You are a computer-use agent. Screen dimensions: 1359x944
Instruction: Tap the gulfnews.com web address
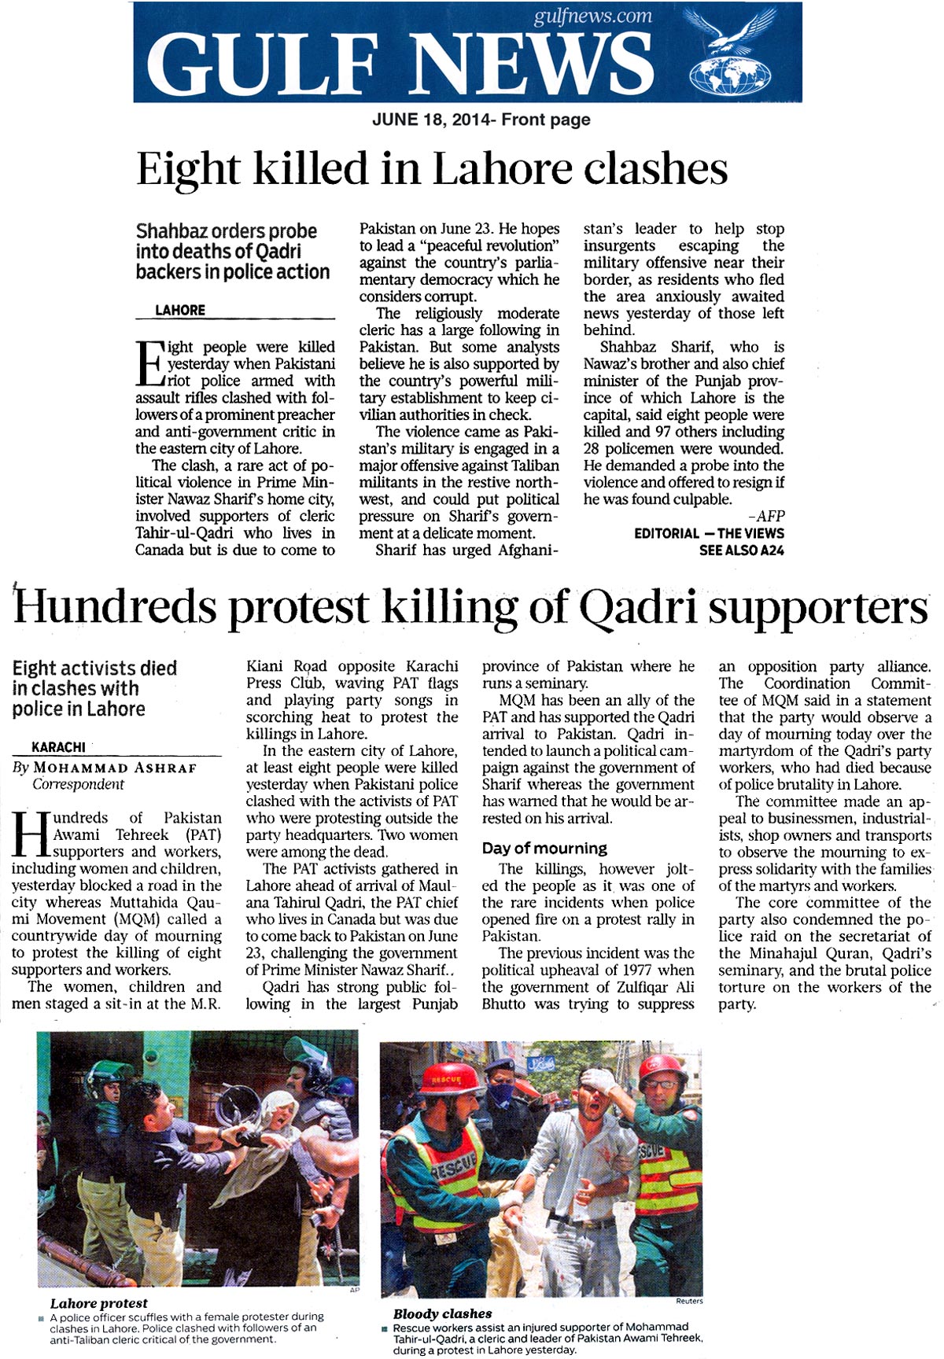click(592, 17)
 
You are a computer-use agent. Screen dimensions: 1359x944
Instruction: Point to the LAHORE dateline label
click(180, 311)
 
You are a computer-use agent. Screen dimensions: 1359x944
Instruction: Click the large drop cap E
click(149, 365)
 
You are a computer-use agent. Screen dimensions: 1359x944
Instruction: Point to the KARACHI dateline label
click(58, 747)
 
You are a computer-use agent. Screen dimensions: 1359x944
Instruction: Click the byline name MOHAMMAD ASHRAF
click(115, 768)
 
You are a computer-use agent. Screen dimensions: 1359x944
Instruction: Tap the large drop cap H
click(30, 835)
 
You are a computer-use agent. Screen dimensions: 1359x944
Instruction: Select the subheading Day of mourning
click(544, 849)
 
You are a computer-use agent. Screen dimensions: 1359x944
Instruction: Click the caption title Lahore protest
click(98, 1303)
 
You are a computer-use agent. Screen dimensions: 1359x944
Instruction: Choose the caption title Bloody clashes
click(442, 1313)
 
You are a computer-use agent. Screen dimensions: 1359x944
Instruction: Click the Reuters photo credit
click(688, 1302)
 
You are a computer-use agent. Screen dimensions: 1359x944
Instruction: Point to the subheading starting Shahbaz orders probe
click(233, 252)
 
